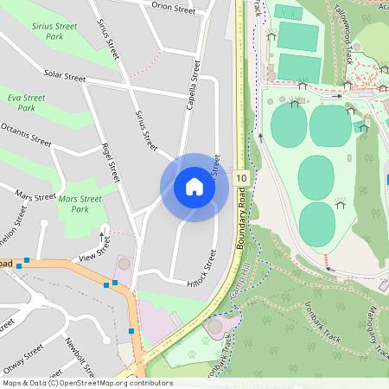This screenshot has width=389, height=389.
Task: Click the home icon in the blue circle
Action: (194, 187)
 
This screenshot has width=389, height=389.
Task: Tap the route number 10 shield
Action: (241, 178)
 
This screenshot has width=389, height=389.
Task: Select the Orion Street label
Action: (174, 9)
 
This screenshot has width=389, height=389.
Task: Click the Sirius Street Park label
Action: (54, 32)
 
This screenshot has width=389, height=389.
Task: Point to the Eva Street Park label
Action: (27, 103)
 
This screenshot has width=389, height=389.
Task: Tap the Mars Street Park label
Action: (80, 204)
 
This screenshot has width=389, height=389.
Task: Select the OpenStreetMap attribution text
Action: (86, 383)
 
